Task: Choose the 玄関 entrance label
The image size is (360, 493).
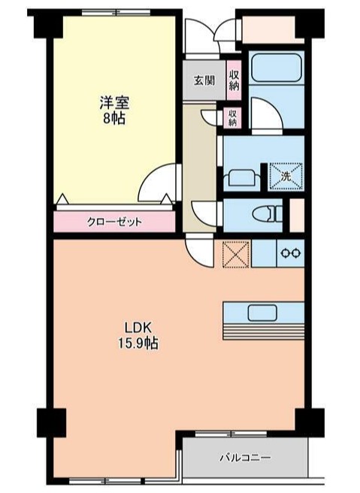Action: click(204, 80)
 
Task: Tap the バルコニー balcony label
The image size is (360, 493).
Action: click(245, 456)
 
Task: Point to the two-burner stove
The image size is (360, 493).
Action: click(291, 253)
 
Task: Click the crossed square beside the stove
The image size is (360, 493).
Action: click(236, 253)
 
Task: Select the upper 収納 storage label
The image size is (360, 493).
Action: click(234, 78)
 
